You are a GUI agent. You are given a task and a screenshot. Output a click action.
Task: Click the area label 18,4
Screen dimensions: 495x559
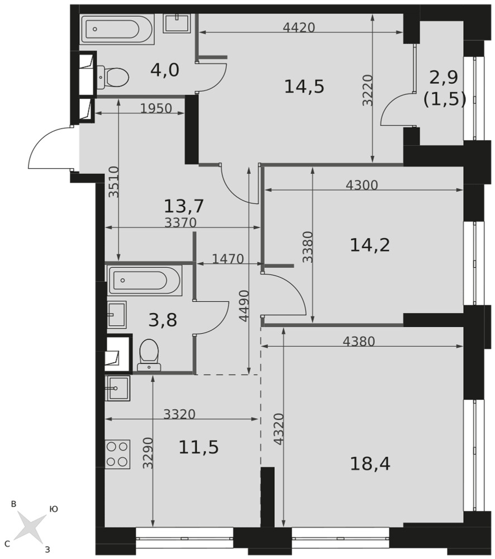[370, 464]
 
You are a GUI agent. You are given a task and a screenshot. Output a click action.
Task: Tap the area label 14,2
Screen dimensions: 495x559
[370, 245]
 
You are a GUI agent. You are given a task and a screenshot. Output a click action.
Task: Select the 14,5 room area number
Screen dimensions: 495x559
[304, 87]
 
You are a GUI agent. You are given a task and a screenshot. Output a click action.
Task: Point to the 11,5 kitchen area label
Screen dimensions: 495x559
[198, 447]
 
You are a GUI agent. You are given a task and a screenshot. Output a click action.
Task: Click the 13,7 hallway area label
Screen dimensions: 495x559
[184, 206]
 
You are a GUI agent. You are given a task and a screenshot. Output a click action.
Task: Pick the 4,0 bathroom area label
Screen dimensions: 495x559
[165, 70]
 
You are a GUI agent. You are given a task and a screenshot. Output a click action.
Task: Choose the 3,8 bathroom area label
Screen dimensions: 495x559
[163, 320]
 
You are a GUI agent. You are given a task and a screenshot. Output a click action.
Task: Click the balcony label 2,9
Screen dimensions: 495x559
[444, 77]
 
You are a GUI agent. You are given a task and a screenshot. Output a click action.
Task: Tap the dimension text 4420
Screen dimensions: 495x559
[299, 27]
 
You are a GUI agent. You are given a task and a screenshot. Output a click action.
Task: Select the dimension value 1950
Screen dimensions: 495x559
[156, 108]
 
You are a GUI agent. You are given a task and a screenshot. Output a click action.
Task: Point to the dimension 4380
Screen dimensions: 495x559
[359, 342]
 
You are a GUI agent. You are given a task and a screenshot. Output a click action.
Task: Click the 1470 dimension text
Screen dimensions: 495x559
[228, 259]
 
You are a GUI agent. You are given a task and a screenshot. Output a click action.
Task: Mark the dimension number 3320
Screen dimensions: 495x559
[179, 414]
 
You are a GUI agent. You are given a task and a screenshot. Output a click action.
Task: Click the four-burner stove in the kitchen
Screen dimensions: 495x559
[117, 454]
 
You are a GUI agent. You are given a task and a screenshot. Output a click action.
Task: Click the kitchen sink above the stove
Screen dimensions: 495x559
[117, 388]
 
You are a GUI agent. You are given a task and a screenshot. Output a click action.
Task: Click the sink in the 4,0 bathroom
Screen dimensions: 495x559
[177, 23]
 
